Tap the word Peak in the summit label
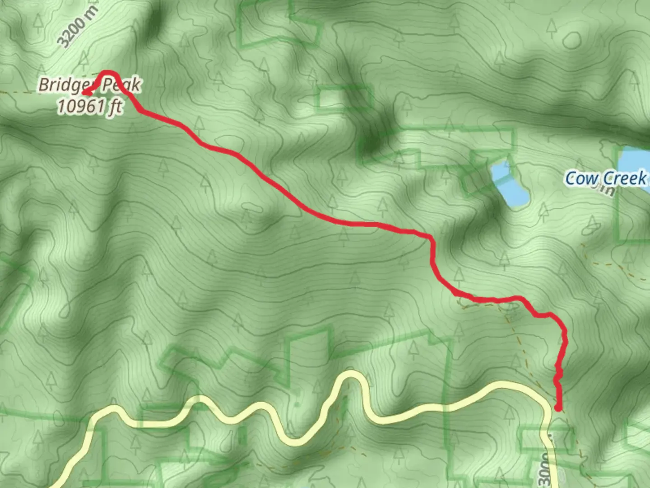tap(121, 84)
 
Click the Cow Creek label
tap(606, 178)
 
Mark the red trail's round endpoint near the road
tap(558, 408)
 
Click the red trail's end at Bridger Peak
tap(84, 93)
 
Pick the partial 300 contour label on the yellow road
tap(547, 470)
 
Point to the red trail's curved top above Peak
tap(108, 72)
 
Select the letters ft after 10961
tap(116, 107)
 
